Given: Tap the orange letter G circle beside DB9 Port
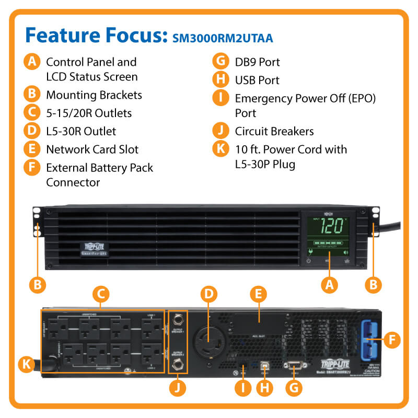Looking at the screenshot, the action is click(x=222, y=61).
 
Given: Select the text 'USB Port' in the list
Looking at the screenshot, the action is click(x=257, y=80).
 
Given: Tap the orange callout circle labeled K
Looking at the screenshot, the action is click(x=26, y=364).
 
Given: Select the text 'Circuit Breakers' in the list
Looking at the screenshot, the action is click(x=274, y=131).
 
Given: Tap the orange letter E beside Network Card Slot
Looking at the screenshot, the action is click(x=32, y=149).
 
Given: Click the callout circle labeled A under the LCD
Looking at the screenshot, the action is click(x=329, y=284).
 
